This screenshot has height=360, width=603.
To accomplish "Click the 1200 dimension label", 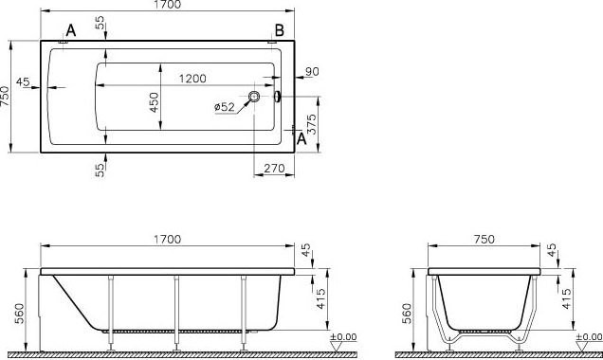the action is point(192,79).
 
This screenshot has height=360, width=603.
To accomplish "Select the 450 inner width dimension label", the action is point(154,102).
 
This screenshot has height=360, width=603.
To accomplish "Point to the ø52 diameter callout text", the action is point(224,107).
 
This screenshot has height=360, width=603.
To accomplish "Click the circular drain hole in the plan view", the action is point(254,96).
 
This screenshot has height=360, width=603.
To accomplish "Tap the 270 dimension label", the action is point(274,169).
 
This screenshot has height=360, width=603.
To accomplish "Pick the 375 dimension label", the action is point(312,123).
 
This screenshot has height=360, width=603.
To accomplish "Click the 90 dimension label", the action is point(312,71).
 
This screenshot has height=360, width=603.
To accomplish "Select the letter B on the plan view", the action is point(279,30).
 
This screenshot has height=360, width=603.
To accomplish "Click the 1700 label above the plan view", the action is point(168,5).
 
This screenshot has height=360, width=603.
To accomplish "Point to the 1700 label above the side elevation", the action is point(168,240).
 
